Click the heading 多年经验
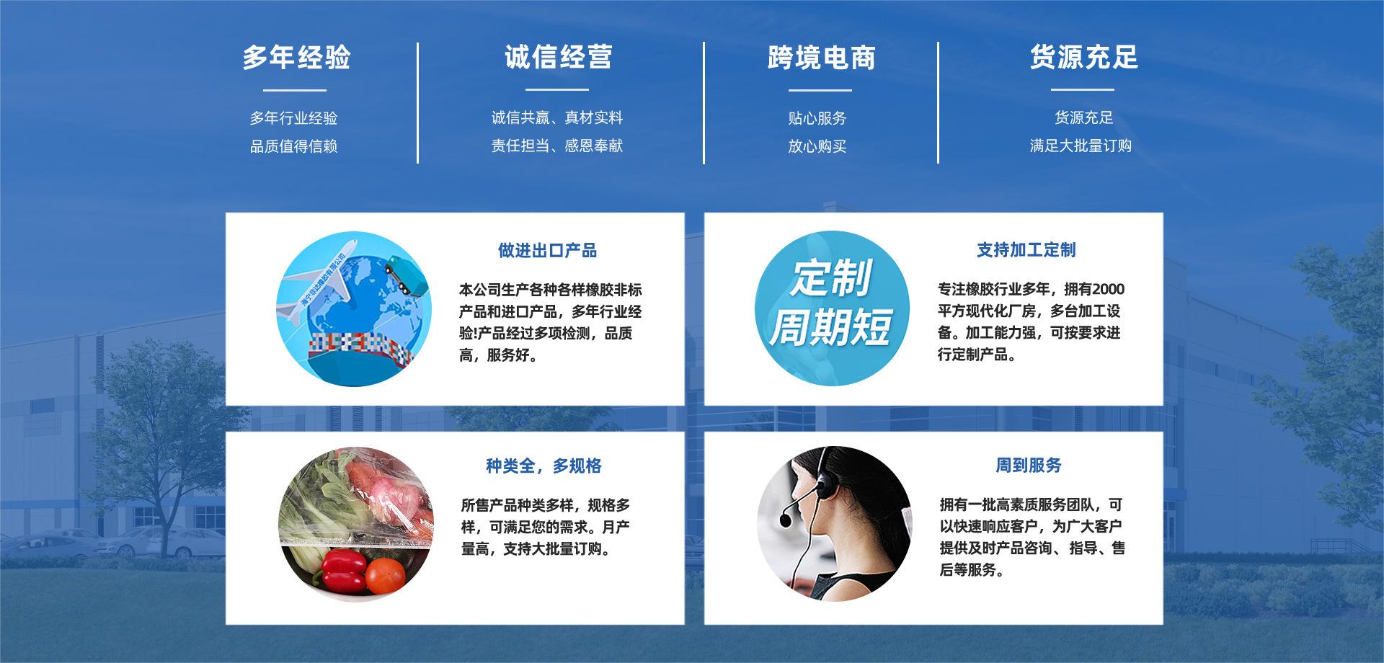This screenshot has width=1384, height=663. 296,58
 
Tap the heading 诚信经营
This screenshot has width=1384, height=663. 559,57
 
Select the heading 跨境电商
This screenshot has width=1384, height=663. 821,58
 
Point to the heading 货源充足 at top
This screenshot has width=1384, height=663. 1083,57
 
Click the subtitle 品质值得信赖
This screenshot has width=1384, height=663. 294,146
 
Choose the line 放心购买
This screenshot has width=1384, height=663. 817,146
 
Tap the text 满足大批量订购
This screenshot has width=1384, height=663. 1081,146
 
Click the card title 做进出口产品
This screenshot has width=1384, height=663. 548,251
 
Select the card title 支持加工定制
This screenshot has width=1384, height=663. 1026,250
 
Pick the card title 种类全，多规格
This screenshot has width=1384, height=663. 544,466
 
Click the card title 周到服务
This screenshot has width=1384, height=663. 1029,466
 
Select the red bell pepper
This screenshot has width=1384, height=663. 342,570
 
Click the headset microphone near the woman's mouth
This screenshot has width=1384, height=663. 786,519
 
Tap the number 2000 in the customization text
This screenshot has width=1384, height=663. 1108,290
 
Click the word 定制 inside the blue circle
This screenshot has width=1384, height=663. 831,277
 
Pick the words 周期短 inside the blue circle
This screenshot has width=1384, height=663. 830,326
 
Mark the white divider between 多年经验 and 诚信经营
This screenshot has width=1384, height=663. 417,102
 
